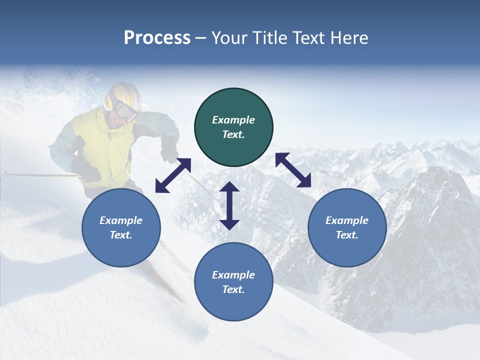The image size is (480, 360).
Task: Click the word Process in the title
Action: (157, 38)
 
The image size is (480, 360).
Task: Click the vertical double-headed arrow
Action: (229, 205)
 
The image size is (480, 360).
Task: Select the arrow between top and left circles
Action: (173, 175)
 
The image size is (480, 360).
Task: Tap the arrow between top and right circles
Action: (293, 170)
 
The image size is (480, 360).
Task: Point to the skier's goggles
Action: (125, 110)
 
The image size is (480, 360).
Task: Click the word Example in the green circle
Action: (233, 120)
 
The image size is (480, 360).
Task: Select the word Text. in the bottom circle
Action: (233, 289)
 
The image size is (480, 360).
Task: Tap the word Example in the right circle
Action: (347, 220)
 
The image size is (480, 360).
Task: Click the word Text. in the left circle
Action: (121, 235)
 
